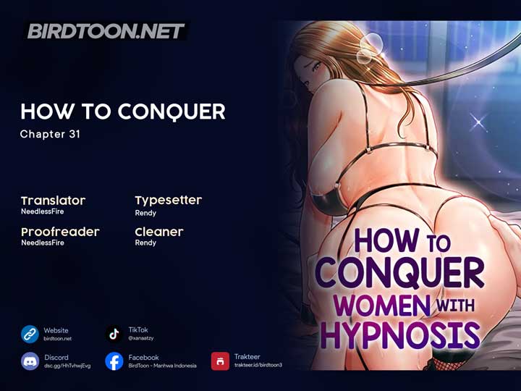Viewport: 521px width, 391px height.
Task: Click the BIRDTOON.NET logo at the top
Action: click(106, 31)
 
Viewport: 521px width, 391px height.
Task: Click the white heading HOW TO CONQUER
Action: click(123, 112)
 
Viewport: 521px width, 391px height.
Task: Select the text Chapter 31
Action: click(50, 134)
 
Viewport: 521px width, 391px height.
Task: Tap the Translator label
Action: click(53, 201)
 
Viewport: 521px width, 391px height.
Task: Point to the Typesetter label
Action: click(169, 201)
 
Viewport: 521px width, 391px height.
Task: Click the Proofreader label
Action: click(60, 232)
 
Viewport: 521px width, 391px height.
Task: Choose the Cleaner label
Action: click(159, 232)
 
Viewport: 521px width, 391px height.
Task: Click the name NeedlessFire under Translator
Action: click(43, 211)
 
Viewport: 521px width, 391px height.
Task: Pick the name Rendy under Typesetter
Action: click(145, 213)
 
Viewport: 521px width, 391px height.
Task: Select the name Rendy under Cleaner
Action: click(145, 243)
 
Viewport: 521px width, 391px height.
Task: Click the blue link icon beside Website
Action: click(30, 334)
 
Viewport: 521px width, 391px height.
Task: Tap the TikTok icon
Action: click(114, 334)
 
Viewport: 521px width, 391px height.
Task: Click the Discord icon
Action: click(30, 361)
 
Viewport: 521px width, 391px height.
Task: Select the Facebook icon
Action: click(114, 361)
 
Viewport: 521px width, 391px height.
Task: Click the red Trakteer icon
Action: click(220, 361)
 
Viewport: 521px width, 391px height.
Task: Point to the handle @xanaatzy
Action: click(141, 338)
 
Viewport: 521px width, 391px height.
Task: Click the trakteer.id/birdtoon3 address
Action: click(258, 365)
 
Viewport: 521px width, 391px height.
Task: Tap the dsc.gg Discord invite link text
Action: click(67, 366)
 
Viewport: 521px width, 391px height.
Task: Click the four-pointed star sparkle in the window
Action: click(478, 122)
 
